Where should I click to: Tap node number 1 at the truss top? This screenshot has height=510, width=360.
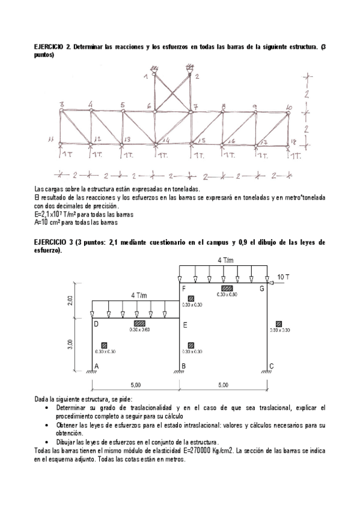point(146,76)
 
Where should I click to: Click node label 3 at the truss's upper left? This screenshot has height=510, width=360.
point(61,105)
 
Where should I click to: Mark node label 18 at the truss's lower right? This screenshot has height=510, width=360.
point(293,141)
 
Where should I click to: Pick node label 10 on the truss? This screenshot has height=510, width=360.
point(289,107)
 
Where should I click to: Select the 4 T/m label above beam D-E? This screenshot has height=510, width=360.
point(139,295)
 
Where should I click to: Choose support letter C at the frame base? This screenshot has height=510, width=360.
point(271,366)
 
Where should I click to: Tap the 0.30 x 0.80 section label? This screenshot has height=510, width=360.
point(227,295)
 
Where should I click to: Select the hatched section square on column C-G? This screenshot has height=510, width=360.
point(278,322)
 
